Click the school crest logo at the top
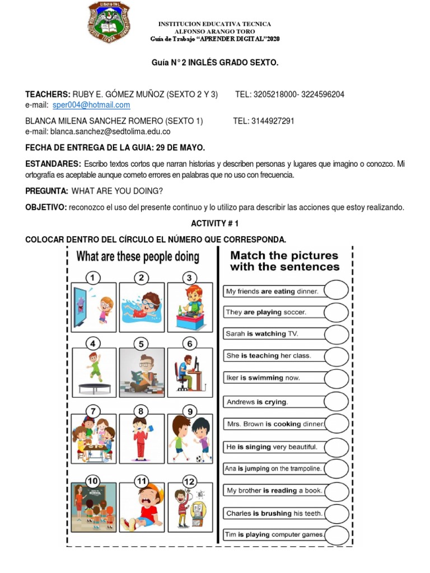[x=109, y=22]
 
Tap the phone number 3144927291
[x=272, y=121]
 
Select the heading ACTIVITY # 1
[x=215, y=223]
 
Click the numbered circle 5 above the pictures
[x=142, y=344]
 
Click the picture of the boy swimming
[x=142, y=307]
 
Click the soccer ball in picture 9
[x=200, y=459]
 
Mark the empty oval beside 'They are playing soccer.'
[x=336, y=312]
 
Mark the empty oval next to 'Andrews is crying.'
[x=336, y=402]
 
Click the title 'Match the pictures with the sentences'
[x=284, y=261]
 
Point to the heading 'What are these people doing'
[x=138, y=257]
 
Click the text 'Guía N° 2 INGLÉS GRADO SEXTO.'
[x=215, y=63]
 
